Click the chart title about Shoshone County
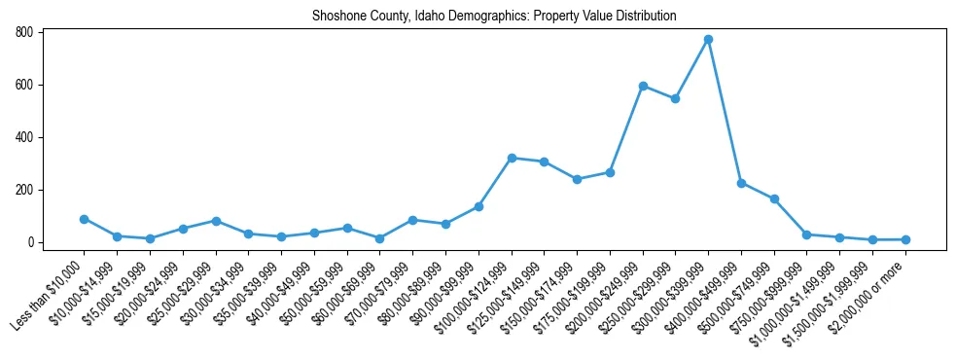click(494, 17)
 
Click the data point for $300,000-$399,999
click(708, 40)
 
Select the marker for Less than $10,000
click(85, 219)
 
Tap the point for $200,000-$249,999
click(643, 86)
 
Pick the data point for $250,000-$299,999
click(675, 98)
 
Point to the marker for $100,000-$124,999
click(512, 158)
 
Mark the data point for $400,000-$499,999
click(741, 183)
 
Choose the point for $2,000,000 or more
click(905, 239)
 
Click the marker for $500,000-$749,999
click(774, 198)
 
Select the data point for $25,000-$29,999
click(216, 221)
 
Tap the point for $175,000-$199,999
click(610, 172)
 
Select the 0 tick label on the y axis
click(32, 242)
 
